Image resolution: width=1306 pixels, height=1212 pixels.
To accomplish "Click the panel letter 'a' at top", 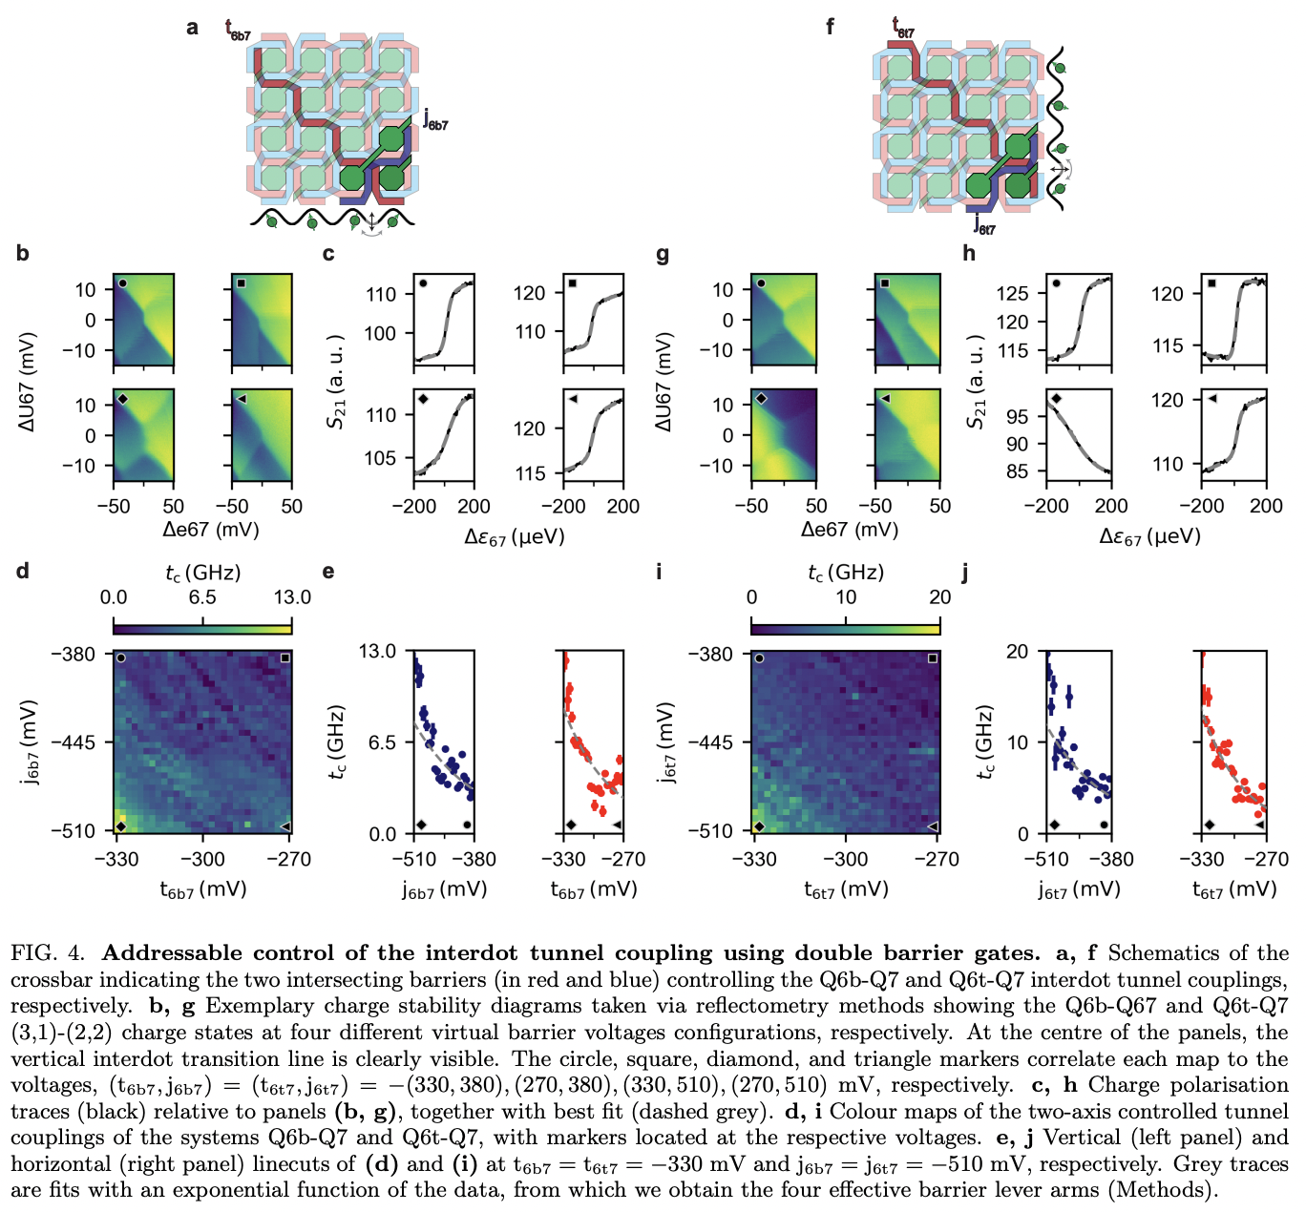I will pos(193,27).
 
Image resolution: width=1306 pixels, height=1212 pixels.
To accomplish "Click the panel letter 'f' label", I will pos(830,27).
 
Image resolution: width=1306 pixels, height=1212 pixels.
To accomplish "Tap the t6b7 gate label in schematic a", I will pos(238,31).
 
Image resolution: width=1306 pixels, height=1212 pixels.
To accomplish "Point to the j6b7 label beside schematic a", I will pos(435,120).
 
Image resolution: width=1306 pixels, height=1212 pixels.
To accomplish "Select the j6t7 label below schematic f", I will pos(984,225).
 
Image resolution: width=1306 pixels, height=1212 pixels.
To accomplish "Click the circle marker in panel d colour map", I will pos(121,658).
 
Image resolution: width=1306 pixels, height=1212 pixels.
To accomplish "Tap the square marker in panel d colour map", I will pos(284,658).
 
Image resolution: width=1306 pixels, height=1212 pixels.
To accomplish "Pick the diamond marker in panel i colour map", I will pos(760,826).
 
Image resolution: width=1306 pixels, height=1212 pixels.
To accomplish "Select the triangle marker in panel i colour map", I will pos(933,826).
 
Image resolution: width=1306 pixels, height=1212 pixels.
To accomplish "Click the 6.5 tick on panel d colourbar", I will pos(202,597).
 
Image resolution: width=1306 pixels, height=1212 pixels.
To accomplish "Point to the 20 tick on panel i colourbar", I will pos(940,597).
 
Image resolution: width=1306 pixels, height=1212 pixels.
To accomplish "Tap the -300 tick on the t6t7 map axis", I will pos(846,859).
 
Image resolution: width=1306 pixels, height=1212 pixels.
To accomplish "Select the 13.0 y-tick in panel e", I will pos(377,651).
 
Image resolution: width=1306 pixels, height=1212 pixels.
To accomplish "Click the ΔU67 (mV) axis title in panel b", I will pos(27,382).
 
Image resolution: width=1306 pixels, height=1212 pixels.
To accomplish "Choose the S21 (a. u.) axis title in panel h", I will pos(976,382).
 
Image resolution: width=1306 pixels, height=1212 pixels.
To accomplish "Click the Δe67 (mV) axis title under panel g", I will pos(850,530).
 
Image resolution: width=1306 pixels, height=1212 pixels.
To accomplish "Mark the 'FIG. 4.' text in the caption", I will pos(48,952).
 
